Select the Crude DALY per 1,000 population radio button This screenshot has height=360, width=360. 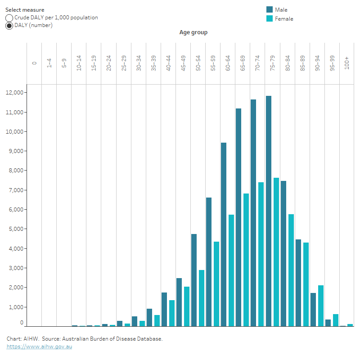coord(9,18)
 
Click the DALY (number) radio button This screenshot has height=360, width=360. coord(9,26)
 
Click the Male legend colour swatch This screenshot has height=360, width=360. coord(270,9)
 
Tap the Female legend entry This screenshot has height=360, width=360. coord(284,19)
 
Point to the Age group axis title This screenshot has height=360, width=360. coord(193,32)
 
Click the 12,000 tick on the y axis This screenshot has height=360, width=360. coord(15,93)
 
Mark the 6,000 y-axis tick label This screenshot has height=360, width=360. coord(17,210)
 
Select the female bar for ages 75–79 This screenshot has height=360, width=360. coord(276,252)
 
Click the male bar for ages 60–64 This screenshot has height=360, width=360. coord(224,234)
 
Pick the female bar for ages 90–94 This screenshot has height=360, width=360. coord(321,306)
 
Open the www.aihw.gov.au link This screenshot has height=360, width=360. coord(39,346)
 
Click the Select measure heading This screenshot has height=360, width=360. coord(25,9)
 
